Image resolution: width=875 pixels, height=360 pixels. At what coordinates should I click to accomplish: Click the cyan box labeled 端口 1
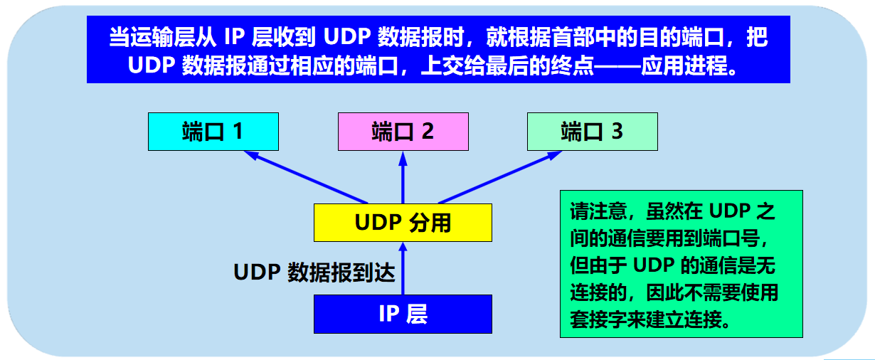212,132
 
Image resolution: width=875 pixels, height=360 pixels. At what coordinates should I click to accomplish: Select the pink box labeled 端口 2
403,132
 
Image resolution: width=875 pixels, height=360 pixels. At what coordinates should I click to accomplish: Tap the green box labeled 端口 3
592,132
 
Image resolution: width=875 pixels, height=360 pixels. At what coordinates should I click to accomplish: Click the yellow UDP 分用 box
403,223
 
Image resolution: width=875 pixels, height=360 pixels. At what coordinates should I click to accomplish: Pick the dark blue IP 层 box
403,314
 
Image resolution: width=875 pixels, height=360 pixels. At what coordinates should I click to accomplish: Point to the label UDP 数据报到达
314,272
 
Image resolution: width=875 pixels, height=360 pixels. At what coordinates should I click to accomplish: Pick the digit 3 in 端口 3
617,132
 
